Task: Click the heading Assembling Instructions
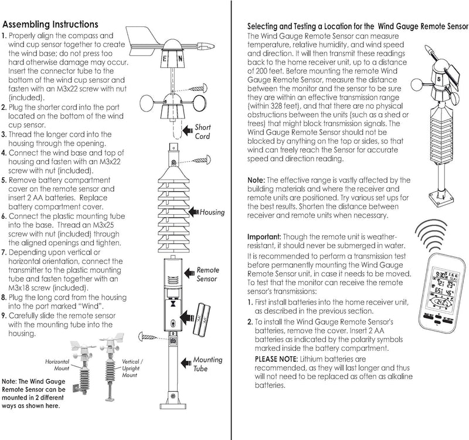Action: pyautogui.click(x=50, y=25)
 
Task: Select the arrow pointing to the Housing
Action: pyautogui.click(x=192, y=211)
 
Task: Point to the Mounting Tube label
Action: pyautogui.click(x=208, y=364)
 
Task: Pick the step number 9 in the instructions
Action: pyautogui.click(x=5, y=315)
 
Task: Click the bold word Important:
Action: pyautogui.click(x=264, y=236)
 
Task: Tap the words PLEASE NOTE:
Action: pyautogui.click(x=277, y=358)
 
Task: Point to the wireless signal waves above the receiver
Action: pyautogui.click(x=439, y=235)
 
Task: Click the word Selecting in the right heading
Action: pyautogui.click(x=264, y=27)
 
